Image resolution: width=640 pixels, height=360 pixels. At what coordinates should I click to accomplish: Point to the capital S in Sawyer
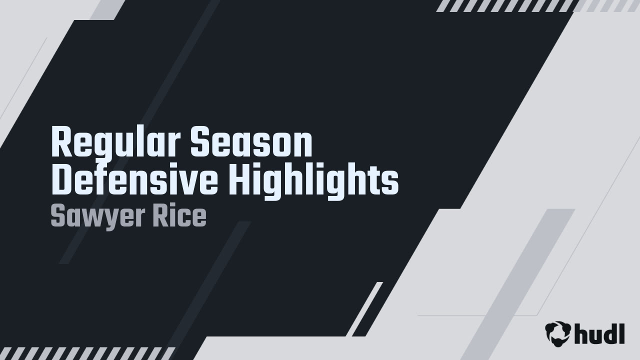[57, 216]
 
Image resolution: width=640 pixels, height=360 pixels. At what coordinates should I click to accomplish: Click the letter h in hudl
[581, 332]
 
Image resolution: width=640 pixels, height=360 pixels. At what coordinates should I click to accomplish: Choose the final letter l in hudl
[621, 332]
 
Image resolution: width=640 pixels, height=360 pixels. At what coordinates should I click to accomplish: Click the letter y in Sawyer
[104, 218]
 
